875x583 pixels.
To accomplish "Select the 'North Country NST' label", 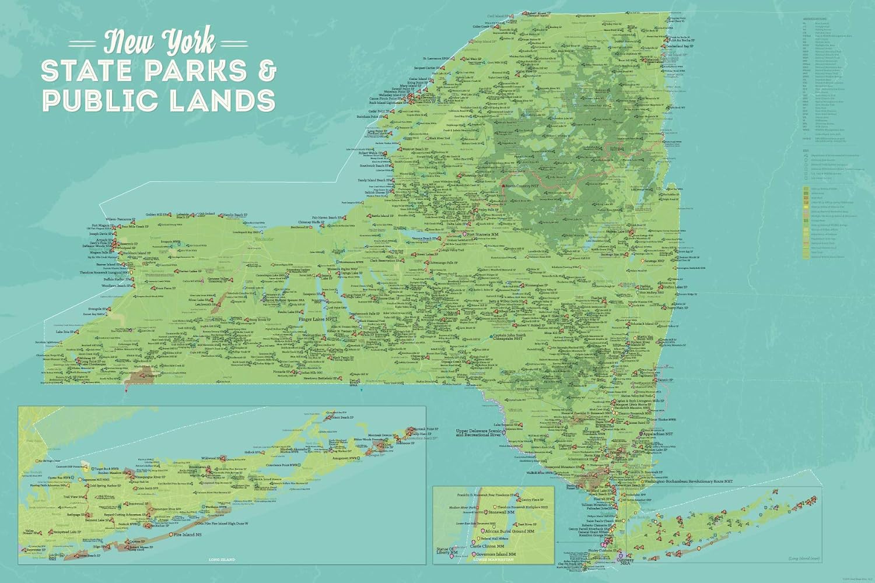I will [x=522, y=186].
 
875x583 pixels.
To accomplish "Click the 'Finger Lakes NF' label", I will [x=317, y=319].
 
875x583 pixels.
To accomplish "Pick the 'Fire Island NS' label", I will [x=188, y=534].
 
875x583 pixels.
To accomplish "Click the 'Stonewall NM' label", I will [x=502, y=512].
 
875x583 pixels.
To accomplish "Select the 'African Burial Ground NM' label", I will [x=510, y=531].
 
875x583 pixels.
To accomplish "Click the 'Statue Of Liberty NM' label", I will [x=446, y=550].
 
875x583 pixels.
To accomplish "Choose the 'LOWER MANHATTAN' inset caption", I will [x=494, y=560].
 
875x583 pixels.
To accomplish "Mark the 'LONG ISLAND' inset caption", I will [x=222, y=560].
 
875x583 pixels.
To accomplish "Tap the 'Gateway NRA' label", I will [x=625, y=561].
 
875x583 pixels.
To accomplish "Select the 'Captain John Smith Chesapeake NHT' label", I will [x=509, y=337].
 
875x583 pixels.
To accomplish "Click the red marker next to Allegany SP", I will [x=143, y=376].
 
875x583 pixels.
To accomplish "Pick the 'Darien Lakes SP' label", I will [x=188, y=272].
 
